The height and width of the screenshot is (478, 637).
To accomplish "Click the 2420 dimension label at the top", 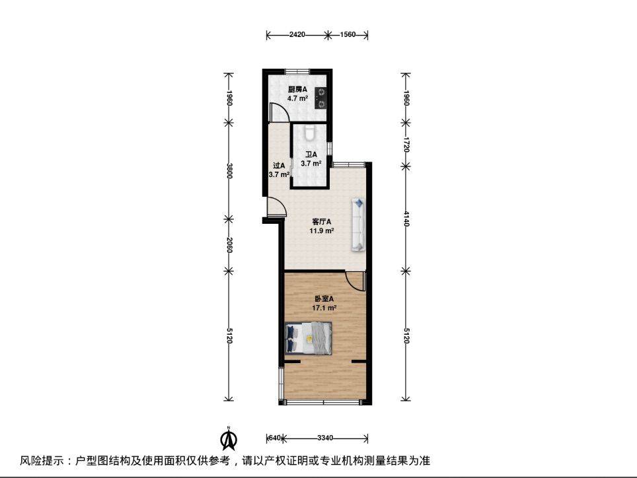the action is (x=297, y=34).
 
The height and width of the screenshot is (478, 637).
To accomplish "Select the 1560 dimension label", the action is (x=348, y=34).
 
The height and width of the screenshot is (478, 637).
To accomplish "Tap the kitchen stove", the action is (x=321, y=98).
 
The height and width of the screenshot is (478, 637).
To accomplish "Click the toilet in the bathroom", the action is (x=309, y=132).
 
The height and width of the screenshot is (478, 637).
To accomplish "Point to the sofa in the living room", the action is (x=358, y=224).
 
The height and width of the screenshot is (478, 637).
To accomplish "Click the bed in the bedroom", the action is (x=309, y=337).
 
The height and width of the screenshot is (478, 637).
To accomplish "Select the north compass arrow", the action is (x=229, y=438).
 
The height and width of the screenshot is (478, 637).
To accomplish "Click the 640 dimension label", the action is (x=275, y=438).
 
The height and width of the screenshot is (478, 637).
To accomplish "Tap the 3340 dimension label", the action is (x=325, y=438).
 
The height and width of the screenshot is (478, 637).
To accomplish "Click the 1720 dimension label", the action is (x=406, y=144).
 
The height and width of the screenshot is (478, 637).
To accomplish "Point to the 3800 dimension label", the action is (x=229, y=171).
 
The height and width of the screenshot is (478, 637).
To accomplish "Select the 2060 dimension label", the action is (x=229, y=245).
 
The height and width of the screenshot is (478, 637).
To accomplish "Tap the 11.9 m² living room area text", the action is (x=322, y=231).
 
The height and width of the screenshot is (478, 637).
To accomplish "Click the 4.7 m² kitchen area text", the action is (x=298, y=98).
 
